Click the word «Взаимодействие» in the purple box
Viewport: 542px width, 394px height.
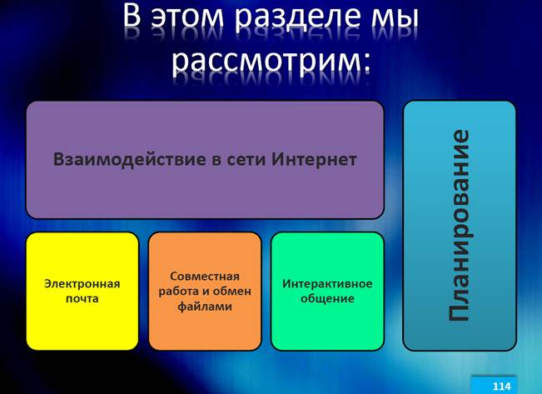tap(130, 160)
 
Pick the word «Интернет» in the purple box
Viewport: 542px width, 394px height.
tap(314, 159)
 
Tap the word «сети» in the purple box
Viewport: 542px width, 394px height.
tap(246, 160)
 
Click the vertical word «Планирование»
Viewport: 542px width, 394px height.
tap(460, 226)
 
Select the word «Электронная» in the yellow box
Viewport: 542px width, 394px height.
tap(82, 284)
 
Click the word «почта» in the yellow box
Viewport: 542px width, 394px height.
tap(82, 298)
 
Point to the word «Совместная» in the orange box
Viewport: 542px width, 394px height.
tap(205, 277)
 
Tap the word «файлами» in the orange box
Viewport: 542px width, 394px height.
tap(205, 307)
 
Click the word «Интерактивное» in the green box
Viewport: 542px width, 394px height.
tap(327, 284)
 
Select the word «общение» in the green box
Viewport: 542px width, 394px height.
tap(327, 298)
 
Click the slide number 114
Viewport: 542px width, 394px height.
tap(501, 387)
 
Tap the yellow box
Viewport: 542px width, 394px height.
tap(82, 292)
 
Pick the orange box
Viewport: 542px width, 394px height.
tap(205, 292)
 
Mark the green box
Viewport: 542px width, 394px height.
tap(327, 292)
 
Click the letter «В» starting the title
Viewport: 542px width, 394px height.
tap(132, 16)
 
